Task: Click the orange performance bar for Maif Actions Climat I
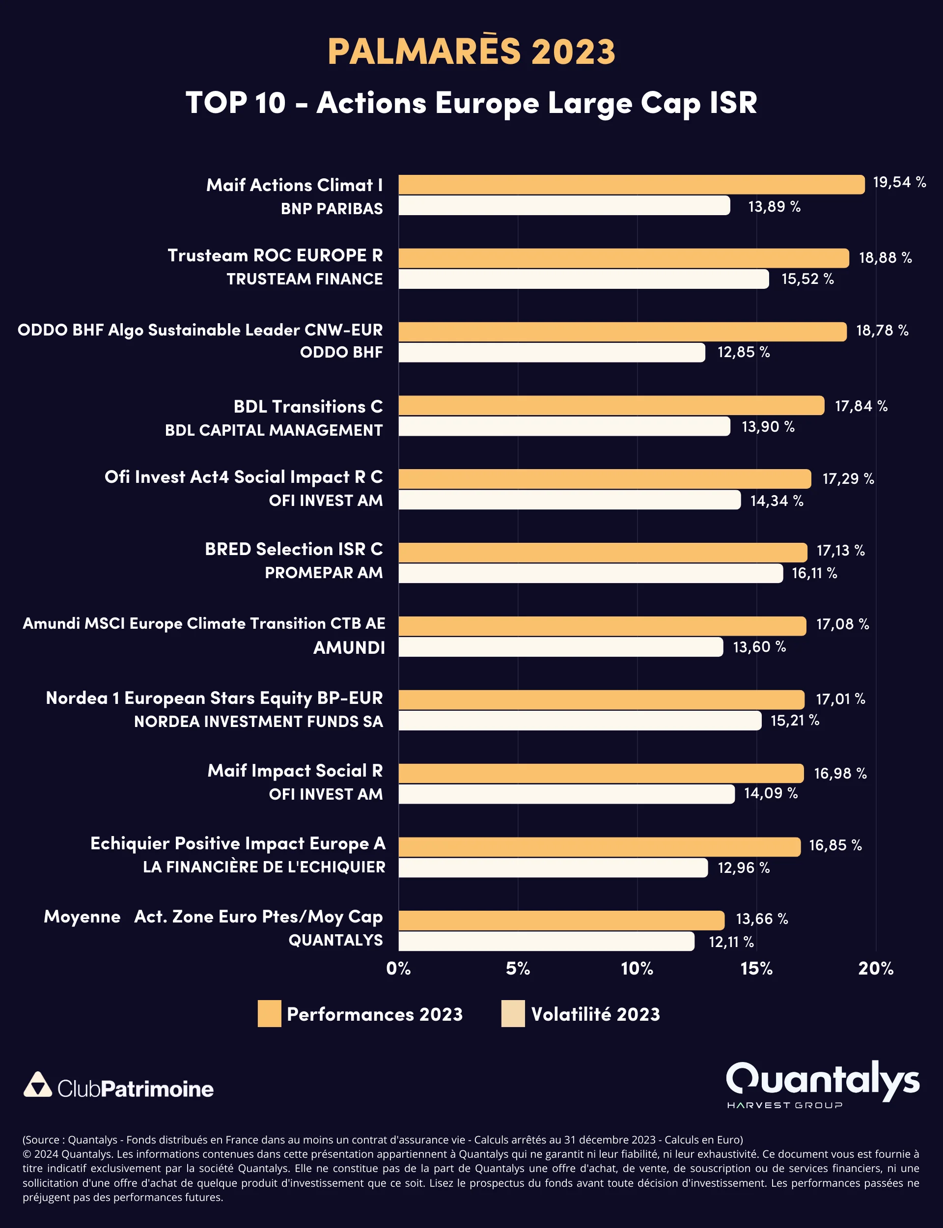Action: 632,185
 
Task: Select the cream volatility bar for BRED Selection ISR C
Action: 590,573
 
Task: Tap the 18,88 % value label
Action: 885,257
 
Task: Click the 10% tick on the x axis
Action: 637,968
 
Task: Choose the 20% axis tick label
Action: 875,968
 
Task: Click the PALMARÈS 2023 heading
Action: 471,51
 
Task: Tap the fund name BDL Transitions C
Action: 307,406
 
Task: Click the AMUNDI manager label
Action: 349,648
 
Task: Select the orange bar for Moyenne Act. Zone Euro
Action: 561,921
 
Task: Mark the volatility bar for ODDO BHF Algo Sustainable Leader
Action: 551,353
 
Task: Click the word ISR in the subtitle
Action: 733,103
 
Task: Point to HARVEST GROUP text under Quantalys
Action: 784,1105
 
